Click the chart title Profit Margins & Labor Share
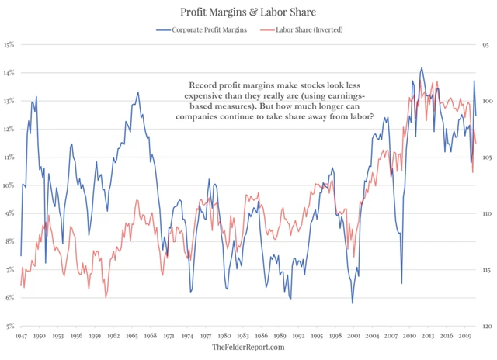tap(248, 12)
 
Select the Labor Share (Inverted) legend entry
tap(303, 29)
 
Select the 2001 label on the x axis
tap(354, 336)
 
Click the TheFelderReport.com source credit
tap(248, 349)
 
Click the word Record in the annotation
tap(203, 85)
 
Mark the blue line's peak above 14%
tap(421, 67)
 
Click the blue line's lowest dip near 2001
tap(352, 303)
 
